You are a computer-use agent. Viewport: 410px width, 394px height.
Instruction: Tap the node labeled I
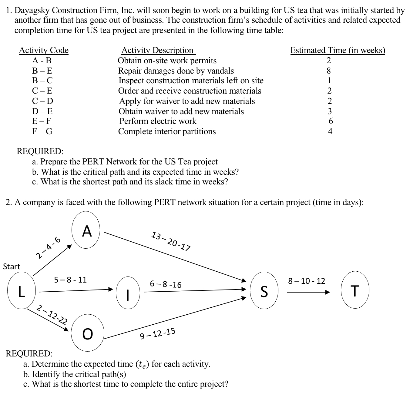128,293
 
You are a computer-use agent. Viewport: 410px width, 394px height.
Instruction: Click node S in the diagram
264,292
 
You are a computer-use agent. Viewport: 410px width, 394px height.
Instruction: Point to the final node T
355,291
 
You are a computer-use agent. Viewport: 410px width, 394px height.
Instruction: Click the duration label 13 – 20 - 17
171,241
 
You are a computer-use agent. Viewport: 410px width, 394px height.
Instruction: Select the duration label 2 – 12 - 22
52,315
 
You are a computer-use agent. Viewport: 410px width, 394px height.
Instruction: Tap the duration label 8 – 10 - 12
307,281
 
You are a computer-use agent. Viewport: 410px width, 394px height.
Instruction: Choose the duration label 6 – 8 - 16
166,284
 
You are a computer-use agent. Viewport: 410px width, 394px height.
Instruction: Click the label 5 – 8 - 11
70,280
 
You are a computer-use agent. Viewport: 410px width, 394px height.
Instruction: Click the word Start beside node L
12,267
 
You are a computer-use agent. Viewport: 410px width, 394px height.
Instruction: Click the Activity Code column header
44,50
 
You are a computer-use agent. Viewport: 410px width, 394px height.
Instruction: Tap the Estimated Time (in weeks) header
338,50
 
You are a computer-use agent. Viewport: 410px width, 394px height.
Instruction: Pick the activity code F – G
42,131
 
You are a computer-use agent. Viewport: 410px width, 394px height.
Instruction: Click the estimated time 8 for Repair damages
329,71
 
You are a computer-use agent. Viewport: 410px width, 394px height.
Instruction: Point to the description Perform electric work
158,121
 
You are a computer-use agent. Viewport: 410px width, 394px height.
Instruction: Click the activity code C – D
42,101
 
